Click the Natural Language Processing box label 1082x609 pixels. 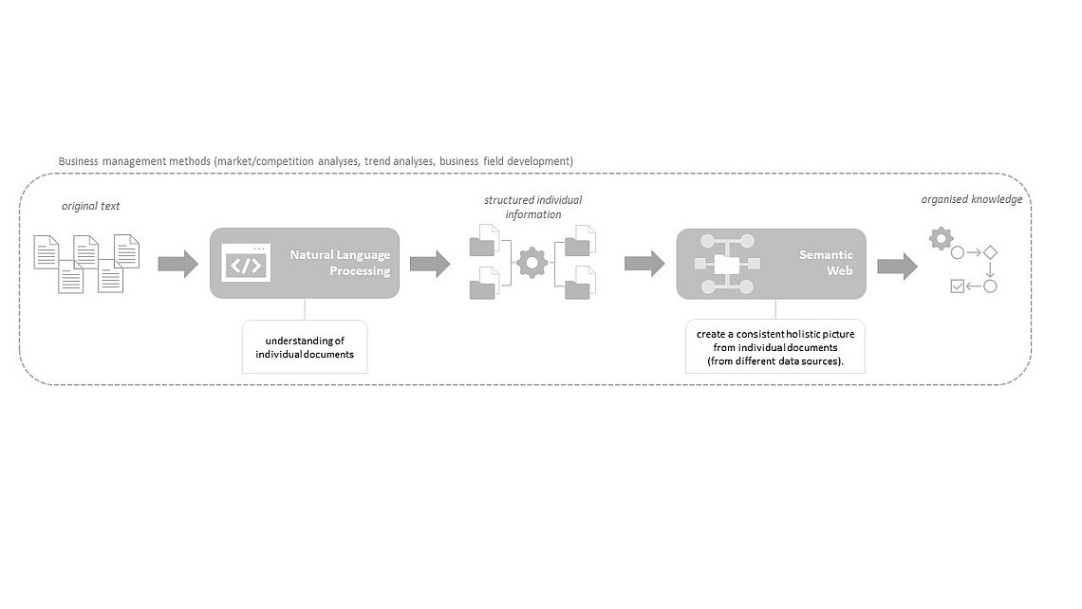340,263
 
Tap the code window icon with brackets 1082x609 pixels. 246,262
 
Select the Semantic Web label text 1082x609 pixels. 826,263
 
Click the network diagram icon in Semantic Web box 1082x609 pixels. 727,264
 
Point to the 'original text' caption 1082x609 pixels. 90,206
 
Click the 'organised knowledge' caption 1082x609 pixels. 972,199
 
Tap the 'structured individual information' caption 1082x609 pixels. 532,207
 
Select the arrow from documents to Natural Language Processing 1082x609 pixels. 178,264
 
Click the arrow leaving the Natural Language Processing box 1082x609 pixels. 430,264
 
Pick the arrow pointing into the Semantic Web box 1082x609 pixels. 644,263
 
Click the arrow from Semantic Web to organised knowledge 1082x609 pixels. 897,267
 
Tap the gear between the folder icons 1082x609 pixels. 532,263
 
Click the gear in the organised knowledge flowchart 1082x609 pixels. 941,239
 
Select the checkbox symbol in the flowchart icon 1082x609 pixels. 957,286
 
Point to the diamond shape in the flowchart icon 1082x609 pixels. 990,252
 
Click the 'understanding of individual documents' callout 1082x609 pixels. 305,347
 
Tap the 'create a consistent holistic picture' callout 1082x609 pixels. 774,347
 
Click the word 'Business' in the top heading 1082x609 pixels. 78,161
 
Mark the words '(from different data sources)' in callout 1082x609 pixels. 774,360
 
